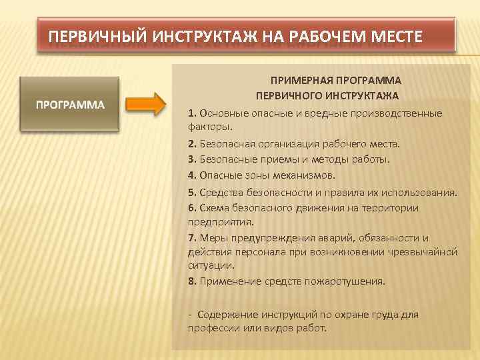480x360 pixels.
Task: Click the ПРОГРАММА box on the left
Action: (70, 105)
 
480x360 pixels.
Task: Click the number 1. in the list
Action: (192, 113)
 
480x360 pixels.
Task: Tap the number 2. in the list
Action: (192, 143)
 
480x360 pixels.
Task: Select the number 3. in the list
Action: (192, 159)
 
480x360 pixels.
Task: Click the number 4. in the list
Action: (192, 175)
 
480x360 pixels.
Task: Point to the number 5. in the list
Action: (192, 193)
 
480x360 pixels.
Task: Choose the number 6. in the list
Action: (192, 208)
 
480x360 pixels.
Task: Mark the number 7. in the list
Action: (192, 238)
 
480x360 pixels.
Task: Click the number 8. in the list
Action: (192, 281)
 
